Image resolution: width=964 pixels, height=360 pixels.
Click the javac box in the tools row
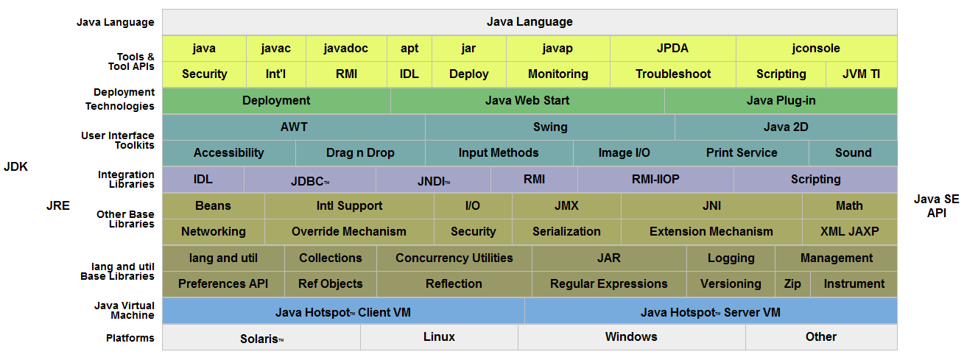click(276, 49)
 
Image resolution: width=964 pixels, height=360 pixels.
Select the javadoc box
click(346, 49)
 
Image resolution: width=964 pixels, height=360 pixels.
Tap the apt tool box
click(409, 49)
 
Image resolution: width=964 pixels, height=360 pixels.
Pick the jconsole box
click(816, 49)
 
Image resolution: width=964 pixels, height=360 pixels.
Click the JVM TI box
click(860, 74)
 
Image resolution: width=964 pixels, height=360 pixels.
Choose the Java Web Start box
click(527, 100)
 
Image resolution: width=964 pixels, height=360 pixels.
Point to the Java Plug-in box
click(781, 100)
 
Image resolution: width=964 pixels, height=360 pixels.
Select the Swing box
click(550, 127)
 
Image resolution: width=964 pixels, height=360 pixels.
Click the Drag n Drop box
click(360, 152)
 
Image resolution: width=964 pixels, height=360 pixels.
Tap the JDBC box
click(309, 180)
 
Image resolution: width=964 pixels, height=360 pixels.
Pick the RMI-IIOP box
click(655, 179)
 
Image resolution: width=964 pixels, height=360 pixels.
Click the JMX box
click(566, 205)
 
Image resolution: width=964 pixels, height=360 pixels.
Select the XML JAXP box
click(849, 231)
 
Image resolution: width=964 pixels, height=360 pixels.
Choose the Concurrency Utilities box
click(454, 258)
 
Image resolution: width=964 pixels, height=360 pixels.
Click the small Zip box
click(792, 283)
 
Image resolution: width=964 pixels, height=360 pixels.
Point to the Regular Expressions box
click(608, 283)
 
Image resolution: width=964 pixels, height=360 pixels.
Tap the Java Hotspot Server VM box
click(711, 312)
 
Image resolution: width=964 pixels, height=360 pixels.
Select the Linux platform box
click(439, 336)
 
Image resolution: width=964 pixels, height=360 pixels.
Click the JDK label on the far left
click(15, 166)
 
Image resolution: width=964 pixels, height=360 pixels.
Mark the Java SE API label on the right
click(937, 206)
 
